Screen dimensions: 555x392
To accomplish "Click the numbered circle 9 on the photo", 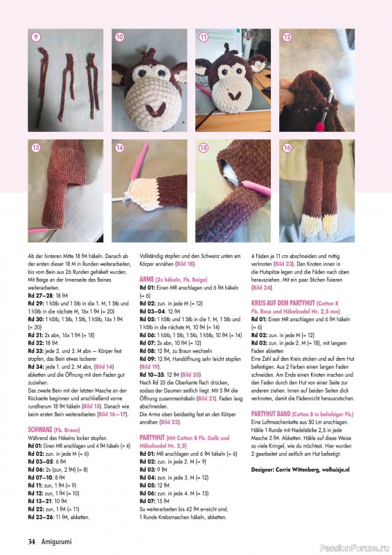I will (x=35, y=37).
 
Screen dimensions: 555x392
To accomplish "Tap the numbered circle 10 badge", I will (x=119, y=37).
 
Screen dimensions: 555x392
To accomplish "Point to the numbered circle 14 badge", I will (x=119, y=148).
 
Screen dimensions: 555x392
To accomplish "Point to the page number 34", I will (x=32, y=541).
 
